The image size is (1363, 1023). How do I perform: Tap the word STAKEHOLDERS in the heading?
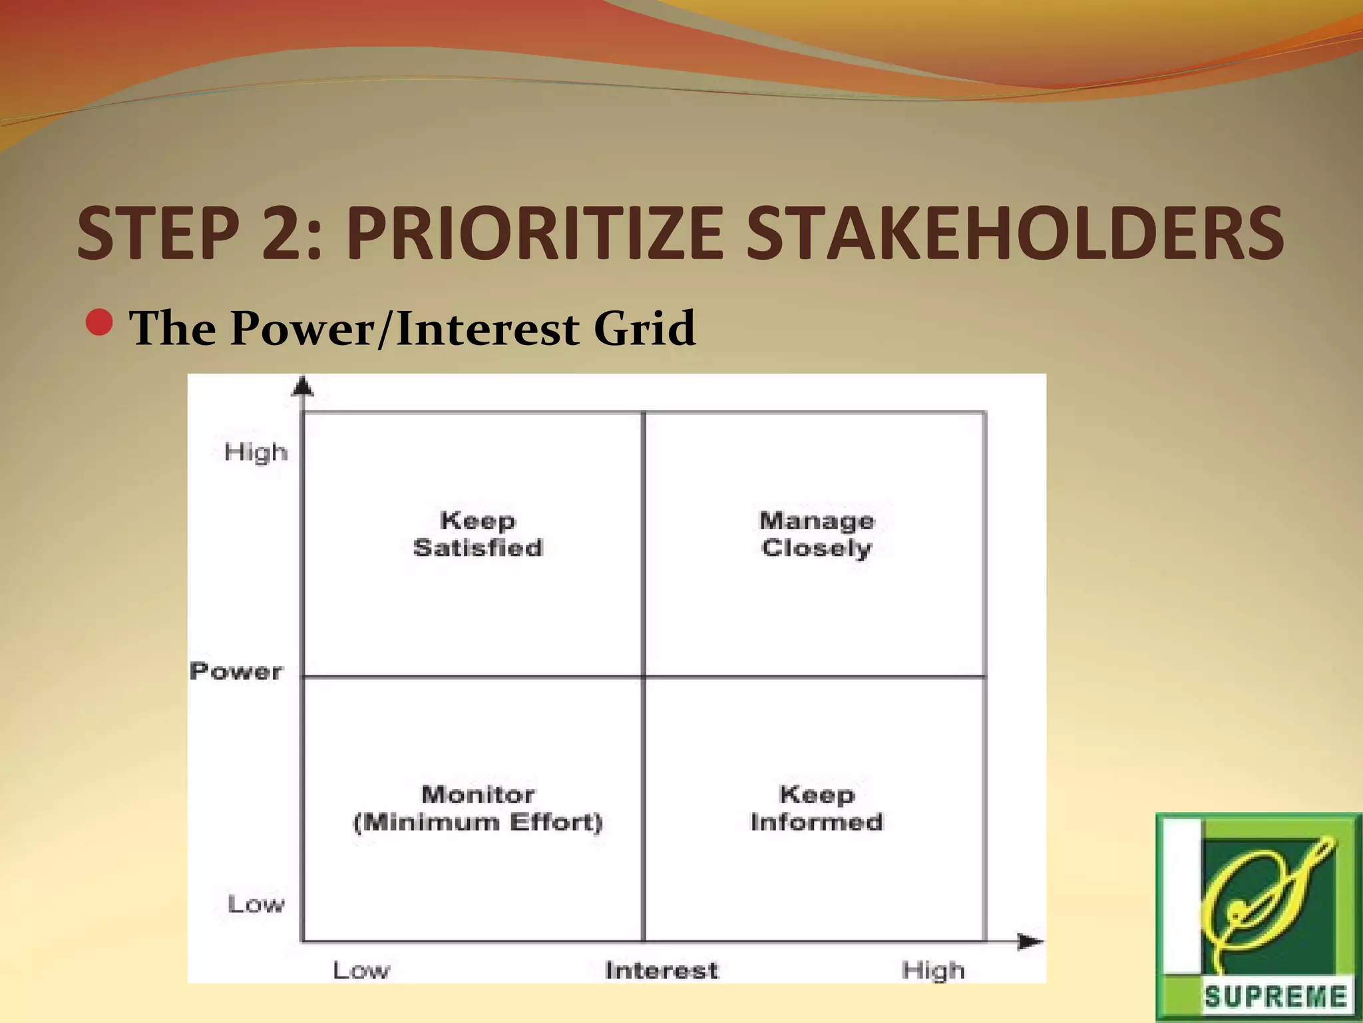pyautogui.click(x=1014, y=233)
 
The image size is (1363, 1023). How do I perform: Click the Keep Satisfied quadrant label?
pyautogui.click(x=478, y=534)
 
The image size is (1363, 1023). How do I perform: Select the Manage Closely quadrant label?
pyautogui.click(x=817, y=534)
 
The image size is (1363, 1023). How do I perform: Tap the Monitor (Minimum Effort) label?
pyautogui.click(x=478, y=808)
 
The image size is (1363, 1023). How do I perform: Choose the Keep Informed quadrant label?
pyautogui.click(x=817, y=808)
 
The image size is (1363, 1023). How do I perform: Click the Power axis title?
pyautogui.click(x=236, y=671)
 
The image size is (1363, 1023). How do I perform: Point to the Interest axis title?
pyautogui.click(x=662, y=970)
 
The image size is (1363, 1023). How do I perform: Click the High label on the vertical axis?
pyautogui.click(x=256, y=452)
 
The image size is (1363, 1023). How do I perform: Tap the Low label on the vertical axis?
pyautogui.click(x=256, y=904)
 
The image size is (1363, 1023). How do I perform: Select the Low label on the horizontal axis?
pyautogui.click(x=361, y=970)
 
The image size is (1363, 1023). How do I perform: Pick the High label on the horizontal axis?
pyautogui.click(x=933, y=970)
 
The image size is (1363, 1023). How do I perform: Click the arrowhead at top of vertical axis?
pyautogui.click(x=303, y=386)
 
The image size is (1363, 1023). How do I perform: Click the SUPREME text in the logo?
pyautogui.click(x=1275, y=997)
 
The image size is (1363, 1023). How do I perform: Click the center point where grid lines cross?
pyautogui.click(x=644, y=677)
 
